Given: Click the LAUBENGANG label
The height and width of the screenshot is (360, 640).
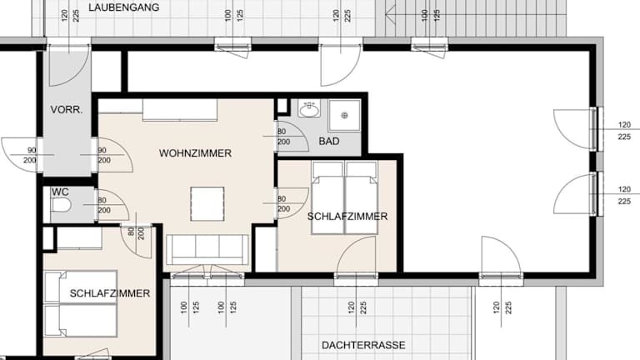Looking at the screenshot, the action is [123, 7].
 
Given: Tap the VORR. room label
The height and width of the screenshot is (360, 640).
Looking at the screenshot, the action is [67, 109].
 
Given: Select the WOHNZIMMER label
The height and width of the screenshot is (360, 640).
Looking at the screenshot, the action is [195, 153].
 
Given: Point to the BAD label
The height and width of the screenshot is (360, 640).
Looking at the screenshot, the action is [329, 141].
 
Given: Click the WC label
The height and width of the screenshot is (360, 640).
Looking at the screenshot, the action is [60, 192].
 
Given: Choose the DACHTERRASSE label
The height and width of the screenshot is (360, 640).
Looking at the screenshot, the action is [363, 345].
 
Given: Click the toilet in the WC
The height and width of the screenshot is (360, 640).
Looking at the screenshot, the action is [61, 205].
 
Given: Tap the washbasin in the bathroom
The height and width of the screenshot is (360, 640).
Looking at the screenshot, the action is [309, 109].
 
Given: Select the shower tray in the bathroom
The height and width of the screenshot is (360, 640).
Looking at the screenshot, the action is [344, 116].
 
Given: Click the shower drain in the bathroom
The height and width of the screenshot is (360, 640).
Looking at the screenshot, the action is [344, 116].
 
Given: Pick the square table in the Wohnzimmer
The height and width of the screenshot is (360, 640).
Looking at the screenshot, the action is [207, 203].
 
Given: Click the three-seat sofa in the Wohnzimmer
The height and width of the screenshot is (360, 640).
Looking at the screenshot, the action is [207, 249].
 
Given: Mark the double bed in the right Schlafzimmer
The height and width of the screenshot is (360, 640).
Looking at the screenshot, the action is [344, 197].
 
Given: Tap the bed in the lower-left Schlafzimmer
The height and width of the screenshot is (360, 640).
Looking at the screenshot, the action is [81, 303].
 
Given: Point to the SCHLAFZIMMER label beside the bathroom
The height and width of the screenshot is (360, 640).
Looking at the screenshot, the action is [347, 217].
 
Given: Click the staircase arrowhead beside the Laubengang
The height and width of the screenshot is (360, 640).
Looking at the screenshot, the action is [391, 16].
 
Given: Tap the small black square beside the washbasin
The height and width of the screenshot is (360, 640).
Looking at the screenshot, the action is [282, 106].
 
